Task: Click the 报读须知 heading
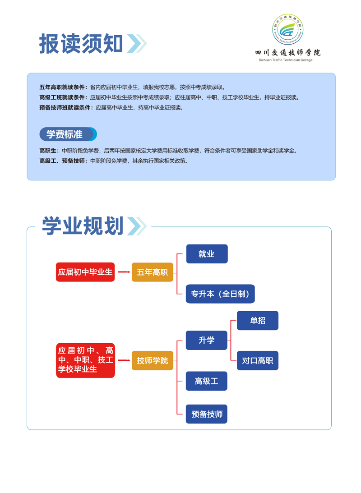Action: pyautogui.click(x=81, y=44)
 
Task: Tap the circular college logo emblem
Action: pyautogui.click(x=288, y=29)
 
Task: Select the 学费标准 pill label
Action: pyautogui.click(x=68, y=134)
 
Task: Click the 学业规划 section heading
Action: pyautogui.click(x=83, y=226)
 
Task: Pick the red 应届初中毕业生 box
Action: pyautogui.click(x=85, y=272)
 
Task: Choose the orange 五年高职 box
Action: pyautogui.click(x=152, y=272)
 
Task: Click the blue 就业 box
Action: pyautogui.click(x=207, y=254)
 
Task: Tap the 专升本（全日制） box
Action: pyautogui.click(x=220, y=294)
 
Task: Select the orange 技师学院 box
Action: pyautogui.click(x=152, y=361)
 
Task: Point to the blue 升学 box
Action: pyautogui.click(x=206, y=340)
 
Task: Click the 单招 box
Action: pyautogui.click(x=258, y=320)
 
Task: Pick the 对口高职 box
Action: pyautogui.click(x=258, y=361)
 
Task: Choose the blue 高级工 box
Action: pyautogui.click(x=206, y=381)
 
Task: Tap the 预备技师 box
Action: pyautogui.click(x=206, y=414)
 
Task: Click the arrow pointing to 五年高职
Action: pyautogui.click(x=124, y=272)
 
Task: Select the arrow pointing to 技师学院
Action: pyautogui.click(x=124, y=360)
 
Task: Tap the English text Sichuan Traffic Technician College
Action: pyautogui.click(x=286, y=60)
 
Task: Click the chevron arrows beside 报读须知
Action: pyautogui.click(x=137, y=43)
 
